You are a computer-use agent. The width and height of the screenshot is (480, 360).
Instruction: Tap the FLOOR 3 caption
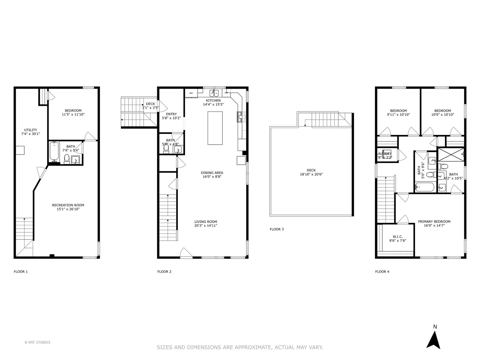point(277,229)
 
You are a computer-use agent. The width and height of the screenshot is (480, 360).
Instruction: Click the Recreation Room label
point(68,205)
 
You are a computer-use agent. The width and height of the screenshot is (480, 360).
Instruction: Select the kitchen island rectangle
point(215,128)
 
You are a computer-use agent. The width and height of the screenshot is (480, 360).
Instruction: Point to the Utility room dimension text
point(31,134)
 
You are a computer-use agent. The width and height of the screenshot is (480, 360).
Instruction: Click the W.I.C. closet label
point(398,236)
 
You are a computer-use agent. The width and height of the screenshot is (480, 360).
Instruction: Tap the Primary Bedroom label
point(434,221)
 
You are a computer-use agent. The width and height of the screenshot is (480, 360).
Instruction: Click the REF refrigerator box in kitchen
point(191,93)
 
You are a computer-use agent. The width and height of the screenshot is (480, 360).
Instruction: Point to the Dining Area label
point(212,173)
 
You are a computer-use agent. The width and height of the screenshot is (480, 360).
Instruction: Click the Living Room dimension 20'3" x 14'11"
point(206,226)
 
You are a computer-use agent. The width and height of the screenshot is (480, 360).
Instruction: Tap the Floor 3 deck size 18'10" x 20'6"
point(311,174)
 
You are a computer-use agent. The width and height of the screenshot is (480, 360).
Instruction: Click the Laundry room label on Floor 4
point(385,154)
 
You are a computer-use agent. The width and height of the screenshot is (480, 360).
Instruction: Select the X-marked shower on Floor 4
point(451,154)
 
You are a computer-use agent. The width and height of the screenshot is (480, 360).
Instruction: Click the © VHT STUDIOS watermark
point(37,342)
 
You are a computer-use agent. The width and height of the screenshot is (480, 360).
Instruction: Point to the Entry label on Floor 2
point(171,114)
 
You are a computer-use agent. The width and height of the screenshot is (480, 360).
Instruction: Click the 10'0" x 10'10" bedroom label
point(442,115)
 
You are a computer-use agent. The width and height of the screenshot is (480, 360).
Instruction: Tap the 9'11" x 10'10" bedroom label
point(398,115)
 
